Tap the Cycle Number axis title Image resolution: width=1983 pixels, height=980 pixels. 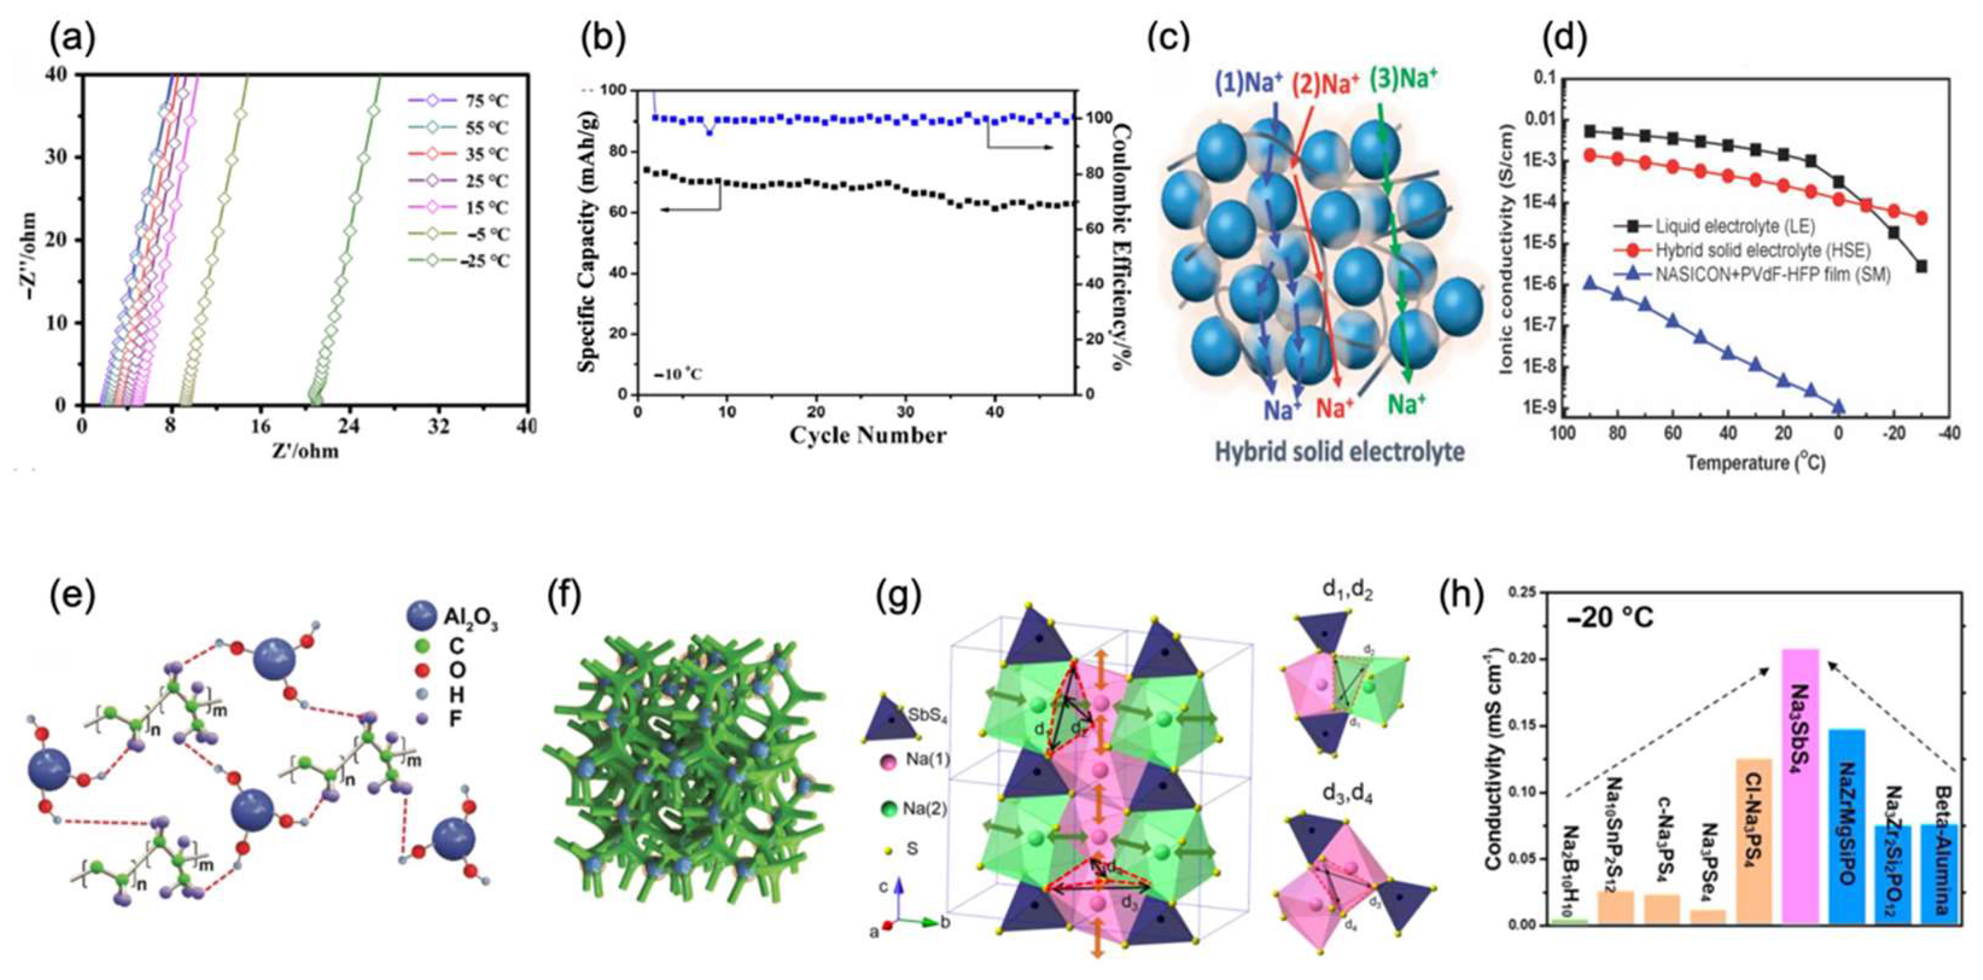point(868,436)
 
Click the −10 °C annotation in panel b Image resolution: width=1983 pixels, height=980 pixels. point(678,375)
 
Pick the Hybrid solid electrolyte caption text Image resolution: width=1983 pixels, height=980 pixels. point(1340,452)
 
